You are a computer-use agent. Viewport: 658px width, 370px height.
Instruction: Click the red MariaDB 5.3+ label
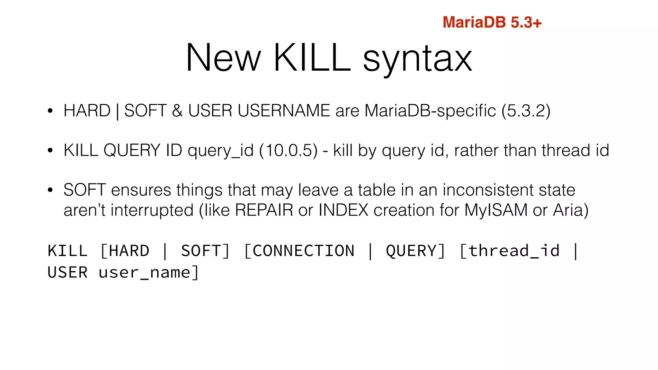coord(492,22)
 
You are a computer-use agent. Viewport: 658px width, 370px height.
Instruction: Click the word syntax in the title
coord(417,58)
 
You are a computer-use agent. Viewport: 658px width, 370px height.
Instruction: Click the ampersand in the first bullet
coord(177,111)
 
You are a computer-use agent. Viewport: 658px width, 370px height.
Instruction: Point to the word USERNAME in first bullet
coord(284,111)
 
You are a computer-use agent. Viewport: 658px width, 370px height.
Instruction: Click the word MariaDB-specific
coord(430,111)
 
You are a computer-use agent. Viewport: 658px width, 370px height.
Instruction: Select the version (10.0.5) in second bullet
coord(288,150)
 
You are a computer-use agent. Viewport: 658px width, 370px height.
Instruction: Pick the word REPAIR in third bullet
coord(264,210)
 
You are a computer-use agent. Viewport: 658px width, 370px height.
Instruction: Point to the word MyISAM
coord(496,210)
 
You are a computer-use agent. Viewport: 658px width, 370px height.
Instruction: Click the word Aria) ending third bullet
coord(571,210)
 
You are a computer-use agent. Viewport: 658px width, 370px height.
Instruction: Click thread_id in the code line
coord(510,251)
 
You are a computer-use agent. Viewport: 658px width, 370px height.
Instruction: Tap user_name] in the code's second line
coord(148,273)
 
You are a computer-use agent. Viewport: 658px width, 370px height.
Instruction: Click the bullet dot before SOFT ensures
coord(50,190)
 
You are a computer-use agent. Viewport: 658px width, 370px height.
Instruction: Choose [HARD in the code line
coord(125,251)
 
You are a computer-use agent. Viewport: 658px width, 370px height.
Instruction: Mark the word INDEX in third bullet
coord(343,210)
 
